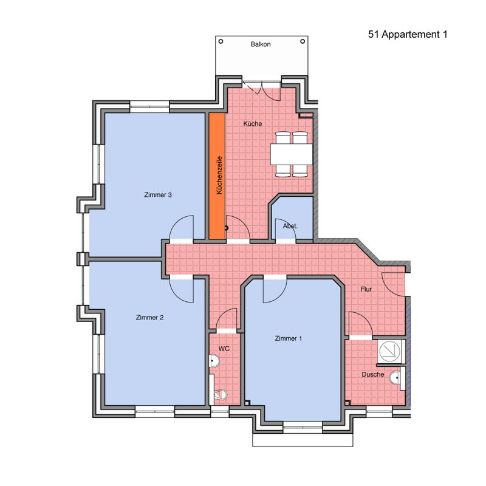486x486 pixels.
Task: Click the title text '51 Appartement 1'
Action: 408,35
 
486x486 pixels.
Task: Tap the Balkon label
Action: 261,44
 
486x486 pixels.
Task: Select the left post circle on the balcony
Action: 221,41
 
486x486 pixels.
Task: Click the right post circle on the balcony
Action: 303,41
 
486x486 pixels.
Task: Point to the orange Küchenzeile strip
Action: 217,176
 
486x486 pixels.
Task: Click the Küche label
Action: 253,124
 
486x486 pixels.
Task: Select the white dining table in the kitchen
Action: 292,154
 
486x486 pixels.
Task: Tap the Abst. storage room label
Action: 290,226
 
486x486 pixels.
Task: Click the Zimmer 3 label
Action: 158,195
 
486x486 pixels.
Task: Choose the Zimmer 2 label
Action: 149,317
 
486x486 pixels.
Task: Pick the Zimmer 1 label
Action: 288,338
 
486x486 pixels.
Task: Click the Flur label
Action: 366,289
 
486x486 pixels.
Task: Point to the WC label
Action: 224,349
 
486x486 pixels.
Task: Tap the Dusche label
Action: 373,374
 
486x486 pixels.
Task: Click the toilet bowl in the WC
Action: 221,394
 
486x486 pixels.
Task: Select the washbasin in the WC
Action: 214,361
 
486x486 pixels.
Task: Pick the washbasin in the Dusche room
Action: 395,377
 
